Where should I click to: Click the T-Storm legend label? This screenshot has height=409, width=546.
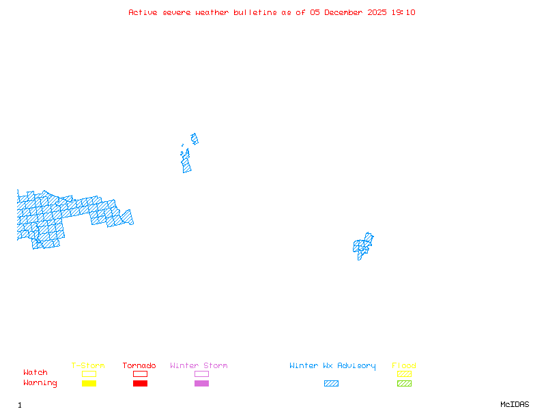(x=88, y=366)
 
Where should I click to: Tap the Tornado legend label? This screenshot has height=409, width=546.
(x=139, y=366)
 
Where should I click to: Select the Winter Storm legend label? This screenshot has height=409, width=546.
(x=199, y=366)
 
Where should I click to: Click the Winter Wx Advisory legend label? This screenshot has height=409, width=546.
(x=332, y=366)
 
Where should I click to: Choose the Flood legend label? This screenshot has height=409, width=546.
(x=404, y=366)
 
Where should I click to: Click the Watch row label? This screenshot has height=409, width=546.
(x=35, y=373)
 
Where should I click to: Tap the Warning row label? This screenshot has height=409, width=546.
(x=40, y=383)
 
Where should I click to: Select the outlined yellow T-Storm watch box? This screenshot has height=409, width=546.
(x=89, y=374)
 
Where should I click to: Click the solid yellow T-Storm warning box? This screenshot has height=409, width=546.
(x=89, y=384)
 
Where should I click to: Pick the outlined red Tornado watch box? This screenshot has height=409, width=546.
(x=140, y=374)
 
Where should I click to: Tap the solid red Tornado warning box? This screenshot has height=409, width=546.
(x=140, y=384)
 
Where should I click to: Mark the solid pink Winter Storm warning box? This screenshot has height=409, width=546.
(x=201, y=384)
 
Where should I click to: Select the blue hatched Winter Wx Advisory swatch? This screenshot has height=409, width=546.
(x=331, y=384)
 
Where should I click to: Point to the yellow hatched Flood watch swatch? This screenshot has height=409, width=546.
(x=404, y=374)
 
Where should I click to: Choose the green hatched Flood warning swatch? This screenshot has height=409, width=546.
(x=404, y=384)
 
